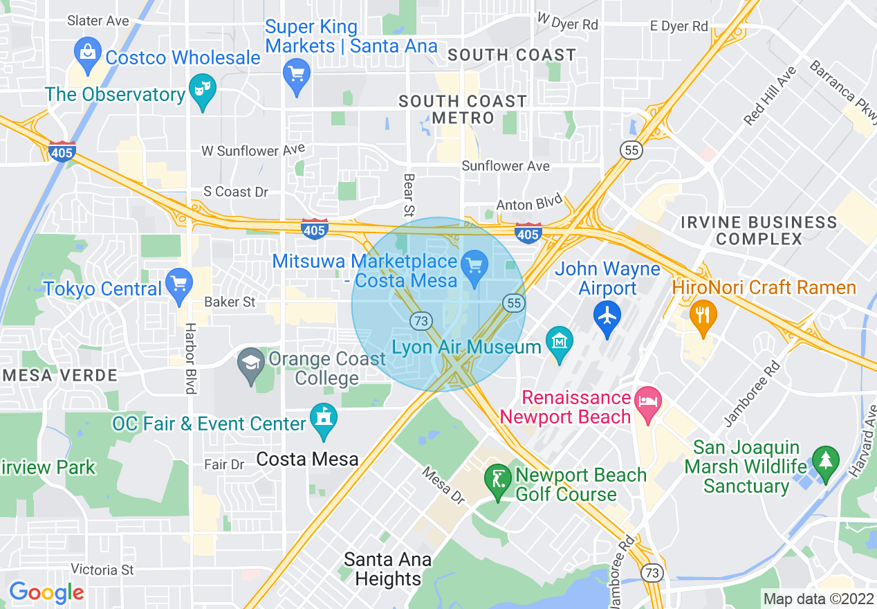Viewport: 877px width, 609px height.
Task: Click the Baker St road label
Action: (x=230, y=302)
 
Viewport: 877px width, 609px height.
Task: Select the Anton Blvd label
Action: (x=524, y=205)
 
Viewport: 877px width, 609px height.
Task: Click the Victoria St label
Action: (x=102, y=570)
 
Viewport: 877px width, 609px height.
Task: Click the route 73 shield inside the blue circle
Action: (x=421, y=320)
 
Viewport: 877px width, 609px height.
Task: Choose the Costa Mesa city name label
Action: (x=307, y=459)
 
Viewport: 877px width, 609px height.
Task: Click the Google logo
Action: (x=46, y=592)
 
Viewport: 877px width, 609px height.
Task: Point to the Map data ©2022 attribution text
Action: (x=817, y=599)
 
